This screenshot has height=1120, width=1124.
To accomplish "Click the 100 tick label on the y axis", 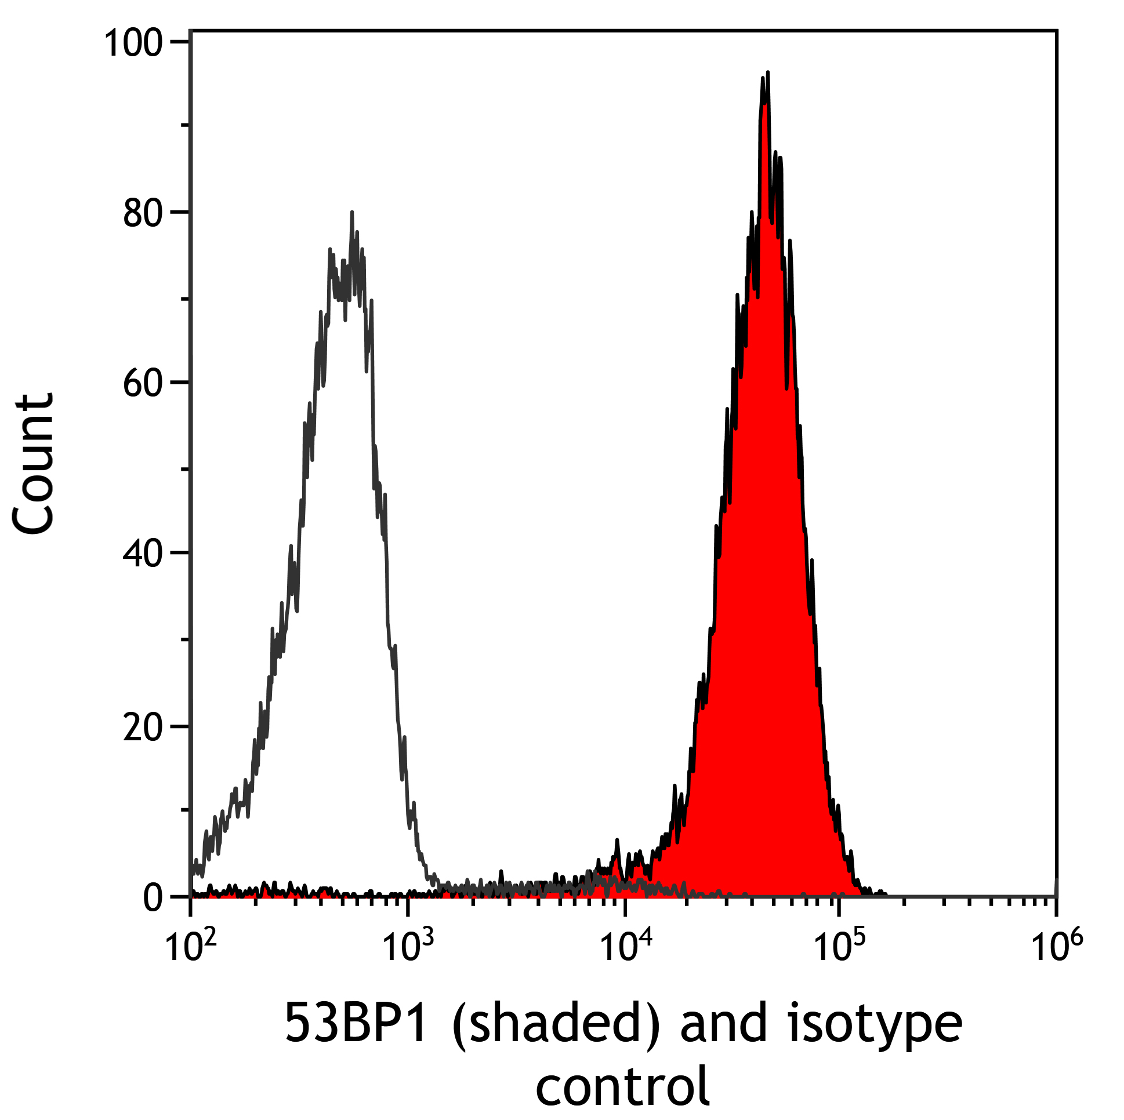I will point(132,44).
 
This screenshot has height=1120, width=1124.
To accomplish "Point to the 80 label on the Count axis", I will point(142,214).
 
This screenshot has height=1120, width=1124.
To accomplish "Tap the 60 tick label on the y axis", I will point(142,385).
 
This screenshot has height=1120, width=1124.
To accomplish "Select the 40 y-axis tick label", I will point(142,554).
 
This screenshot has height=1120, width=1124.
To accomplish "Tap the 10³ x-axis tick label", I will point(407,946).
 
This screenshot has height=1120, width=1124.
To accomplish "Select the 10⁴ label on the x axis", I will point(624,946).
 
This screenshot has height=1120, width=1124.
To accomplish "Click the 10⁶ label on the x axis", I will point(1057,946).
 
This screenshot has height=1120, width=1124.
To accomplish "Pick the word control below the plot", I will point(622,1085).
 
